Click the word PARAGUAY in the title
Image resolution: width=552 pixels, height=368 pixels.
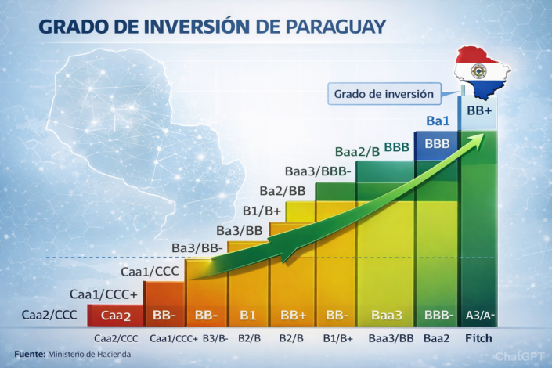pyautogui.click(x=328, y=27)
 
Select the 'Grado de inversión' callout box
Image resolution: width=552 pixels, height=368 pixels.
pyautogui.click(x=383, y=93)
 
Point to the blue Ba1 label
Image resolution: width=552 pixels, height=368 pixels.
pyautogui.click(x=438, y=121)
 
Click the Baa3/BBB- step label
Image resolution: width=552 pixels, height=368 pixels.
pyautogui.click(x=319, y=171)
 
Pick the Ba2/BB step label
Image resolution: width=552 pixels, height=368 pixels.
pyautogui.click(x=283, y=190)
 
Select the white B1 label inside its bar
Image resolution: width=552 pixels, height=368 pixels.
pyautogui.click(x=247, y=316)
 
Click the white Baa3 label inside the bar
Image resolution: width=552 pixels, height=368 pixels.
pyautogui.click(x=386, y=316)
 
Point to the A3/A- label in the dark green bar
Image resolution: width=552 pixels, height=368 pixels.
pyautogui.click(x=479, y=316)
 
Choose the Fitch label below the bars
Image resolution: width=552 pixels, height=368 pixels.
pyautogui.click(x=478, y=338)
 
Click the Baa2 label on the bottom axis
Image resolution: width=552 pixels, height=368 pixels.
pyautogui.click(x=436, y=338)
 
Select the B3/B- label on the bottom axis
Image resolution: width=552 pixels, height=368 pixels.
pyautogui.click(x=215, y=338)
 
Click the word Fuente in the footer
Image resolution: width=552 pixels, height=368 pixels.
pyautogui.click(x=29, y=355)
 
